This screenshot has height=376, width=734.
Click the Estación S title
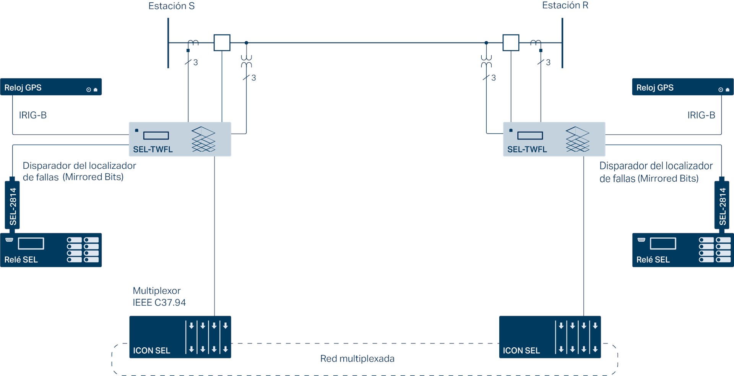[x=171, y=6]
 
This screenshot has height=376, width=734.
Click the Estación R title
[x=565, y=5]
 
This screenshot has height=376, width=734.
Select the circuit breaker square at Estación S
[x=222, y=42]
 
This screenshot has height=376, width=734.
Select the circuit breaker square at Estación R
[x=510, y=42]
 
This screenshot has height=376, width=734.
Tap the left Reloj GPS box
[x=51, y=87]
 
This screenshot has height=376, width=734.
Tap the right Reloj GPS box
[x=682, y=87]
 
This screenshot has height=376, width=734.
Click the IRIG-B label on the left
[x=33, y=115]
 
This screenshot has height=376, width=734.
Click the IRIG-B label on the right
[x=701, y=115]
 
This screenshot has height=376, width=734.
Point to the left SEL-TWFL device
[x=180, y=139]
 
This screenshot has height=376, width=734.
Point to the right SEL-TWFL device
[x=554, y=139]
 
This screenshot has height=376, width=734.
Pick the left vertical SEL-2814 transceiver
[x=12, y=205]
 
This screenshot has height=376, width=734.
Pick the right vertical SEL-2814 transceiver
[x=722, y=205]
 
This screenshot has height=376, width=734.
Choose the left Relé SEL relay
[x=51, y=250]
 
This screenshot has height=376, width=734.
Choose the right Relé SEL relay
[x=682, y=250]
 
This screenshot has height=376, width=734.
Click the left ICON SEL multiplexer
[x=180, y=337]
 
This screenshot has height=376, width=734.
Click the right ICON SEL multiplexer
[x=550, y=337]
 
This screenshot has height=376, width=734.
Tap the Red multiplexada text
[x=357, y=359]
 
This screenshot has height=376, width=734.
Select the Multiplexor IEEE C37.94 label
[x=159, y=296]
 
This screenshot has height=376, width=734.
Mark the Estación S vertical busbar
[x=168, y=43]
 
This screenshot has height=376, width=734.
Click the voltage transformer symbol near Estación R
[x=486, y=61]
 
